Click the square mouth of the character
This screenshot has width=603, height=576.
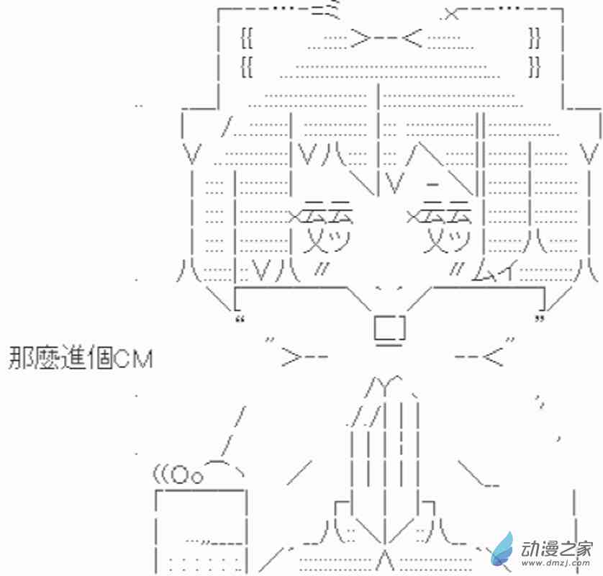pyautogui.click(x=389, y=328)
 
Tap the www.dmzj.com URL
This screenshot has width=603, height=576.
pyautogui.click(x=555, y=567)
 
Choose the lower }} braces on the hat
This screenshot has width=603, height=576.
pyautogui.click(x=533, y=68)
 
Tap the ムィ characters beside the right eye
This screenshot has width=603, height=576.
pyautogui.click(x=491, y=273)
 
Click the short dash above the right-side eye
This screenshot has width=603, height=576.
pyautogui.click(x=433, y=184)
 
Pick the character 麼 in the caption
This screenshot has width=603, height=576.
pyautogui.click(x=47, y=358)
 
